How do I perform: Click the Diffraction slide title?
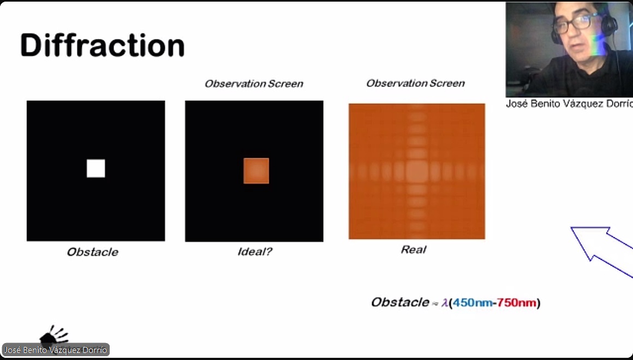[103, 46]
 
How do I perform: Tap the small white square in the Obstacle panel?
[95, 169]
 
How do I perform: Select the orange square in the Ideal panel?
[256, 171]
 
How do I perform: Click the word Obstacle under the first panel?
[92, 252]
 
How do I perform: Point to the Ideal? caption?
[255, 252]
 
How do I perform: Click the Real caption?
[414, 249]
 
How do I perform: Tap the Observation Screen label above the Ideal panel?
[254, 83]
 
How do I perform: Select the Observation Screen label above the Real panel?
[415, 83]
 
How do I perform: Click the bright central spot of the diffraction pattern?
[416, 171]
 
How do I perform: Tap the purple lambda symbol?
[445, 303]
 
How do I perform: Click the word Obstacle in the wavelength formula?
[400, 302]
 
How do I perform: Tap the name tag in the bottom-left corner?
[56, 350]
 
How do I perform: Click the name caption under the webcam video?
[569, 104]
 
